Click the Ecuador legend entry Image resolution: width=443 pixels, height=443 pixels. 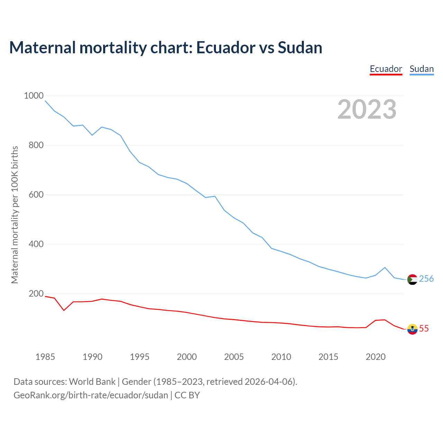(386, 69)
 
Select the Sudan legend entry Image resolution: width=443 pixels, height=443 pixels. (422, 69)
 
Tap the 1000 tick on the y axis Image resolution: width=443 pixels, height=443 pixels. (34, 96)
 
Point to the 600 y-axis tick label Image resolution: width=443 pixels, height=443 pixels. (36, 195)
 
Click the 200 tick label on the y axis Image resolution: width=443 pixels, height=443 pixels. (36, 294)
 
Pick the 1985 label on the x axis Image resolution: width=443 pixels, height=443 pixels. (45, 357)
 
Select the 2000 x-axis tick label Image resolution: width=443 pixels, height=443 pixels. (187, 357)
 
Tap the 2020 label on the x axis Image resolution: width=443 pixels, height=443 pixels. (376, 357)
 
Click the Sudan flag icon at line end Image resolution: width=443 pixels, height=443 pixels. (412, 279)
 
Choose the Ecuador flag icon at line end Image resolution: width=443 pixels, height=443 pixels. (412, 329)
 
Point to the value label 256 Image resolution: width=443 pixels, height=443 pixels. (426, 279)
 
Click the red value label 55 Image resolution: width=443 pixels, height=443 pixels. (424, 329)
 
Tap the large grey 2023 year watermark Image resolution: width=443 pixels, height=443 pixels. (367, 109)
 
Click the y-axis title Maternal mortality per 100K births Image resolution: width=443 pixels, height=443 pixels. (15, 215)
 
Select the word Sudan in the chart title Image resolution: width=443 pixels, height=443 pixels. (300, 48)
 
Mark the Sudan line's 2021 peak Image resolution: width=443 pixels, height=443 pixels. (385, 268)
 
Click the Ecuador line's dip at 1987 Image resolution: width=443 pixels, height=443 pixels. (64, 310)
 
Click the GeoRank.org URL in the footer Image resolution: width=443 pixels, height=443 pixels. (91, 395)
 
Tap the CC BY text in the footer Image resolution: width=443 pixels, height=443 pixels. (187, 395)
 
